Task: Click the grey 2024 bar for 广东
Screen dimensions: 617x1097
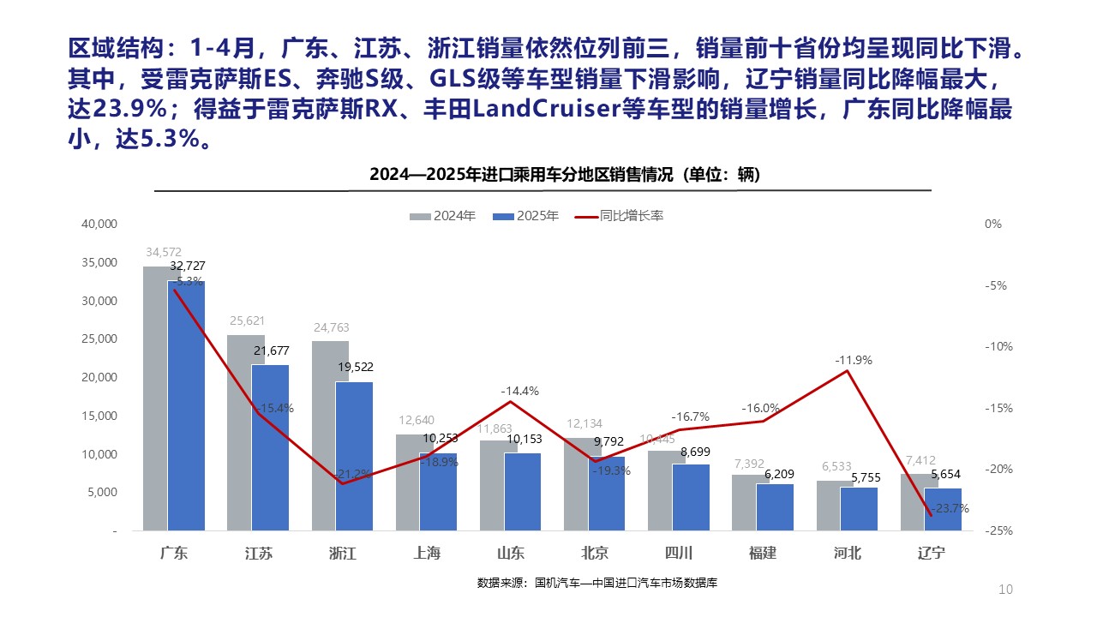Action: [155, 398]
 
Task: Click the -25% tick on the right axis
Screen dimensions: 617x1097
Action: [993, 531]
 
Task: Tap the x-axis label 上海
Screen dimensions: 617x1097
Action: [427, 554]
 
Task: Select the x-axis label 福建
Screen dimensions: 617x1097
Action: [763, 554]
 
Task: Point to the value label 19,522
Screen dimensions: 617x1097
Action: [355, 367]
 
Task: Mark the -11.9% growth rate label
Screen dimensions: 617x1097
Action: [854, 361]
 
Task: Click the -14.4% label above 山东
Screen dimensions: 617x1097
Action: [520, 392]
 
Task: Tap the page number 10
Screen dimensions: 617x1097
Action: [1006, 590]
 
